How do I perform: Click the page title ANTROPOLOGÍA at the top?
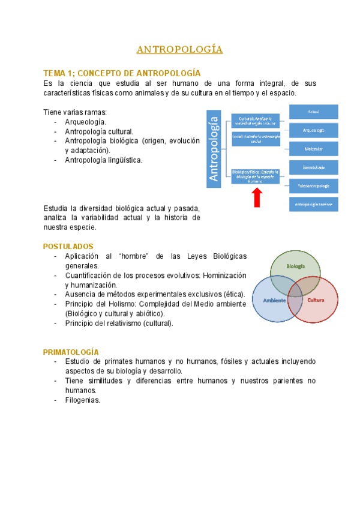pyautogui.click(x=179, y=49)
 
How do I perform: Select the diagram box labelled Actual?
pyautogui.click(x=313, y=112)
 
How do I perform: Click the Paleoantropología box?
pyautogui.click(x=313, y=186)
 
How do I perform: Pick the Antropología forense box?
pyautogui.click(x=313, y=205)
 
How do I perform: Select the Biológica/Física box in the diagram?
pyautogui.click(x=255, y=176)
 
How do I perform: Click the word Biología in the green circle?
pyautogui.click(x=295, y=266)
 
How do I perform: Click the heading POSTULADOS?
pyautogui.click(x=68, y=247)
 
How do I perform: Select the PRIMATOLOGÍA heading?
pyautogui.click(x=71, y=352)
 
